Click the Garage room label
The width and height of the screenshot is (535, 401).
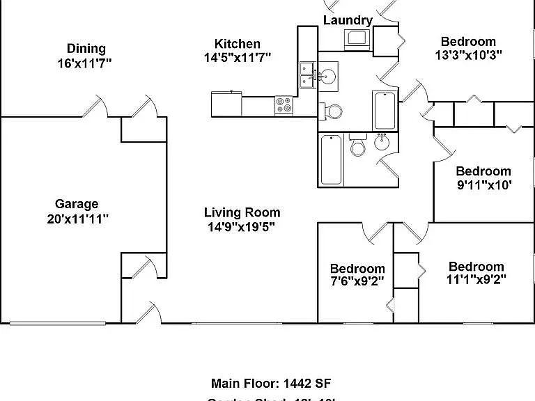tap(77, 204)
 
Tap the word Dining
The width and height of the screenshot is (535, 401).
tap(86, 48)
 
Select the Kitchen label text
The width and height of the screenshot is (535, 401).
tap(238, 44)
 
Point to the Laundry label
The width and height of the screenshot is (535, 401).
tap(348, 20)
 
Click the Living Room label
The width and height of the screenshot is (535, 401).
tap(242, 212)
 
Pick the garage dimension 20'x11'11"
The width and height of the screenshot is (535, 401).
tap(77, 219)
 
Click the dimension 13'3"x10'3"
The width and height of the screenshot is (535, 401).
tap(467, 54)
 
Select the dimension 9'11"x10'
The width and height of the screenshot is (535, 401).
tap(483, 185)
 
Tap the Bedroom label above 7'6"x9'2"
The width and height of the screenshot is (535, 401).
tap(357, 269)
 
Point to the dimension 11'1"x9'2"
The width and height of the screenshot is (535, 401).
tap(476, 280)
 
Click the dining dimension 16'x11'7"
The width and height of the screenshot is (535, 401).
tap(85, 63)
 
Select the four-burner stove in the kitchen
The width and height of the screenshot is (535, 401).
tap(284, 105)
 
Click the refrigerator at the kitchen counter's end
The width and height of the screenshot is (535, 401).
tap(226, 104)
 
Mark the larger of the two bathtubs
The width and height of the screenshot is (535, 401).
tap(332, 159)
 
